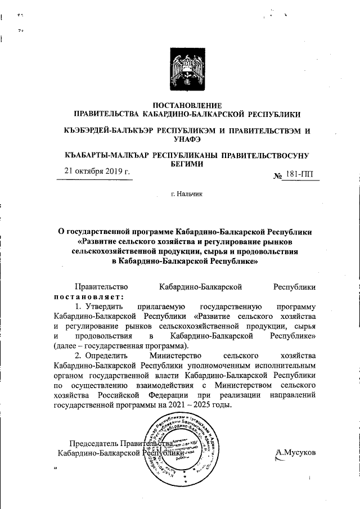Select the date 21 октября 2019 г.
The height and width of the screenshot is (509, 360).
[96, 172]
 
